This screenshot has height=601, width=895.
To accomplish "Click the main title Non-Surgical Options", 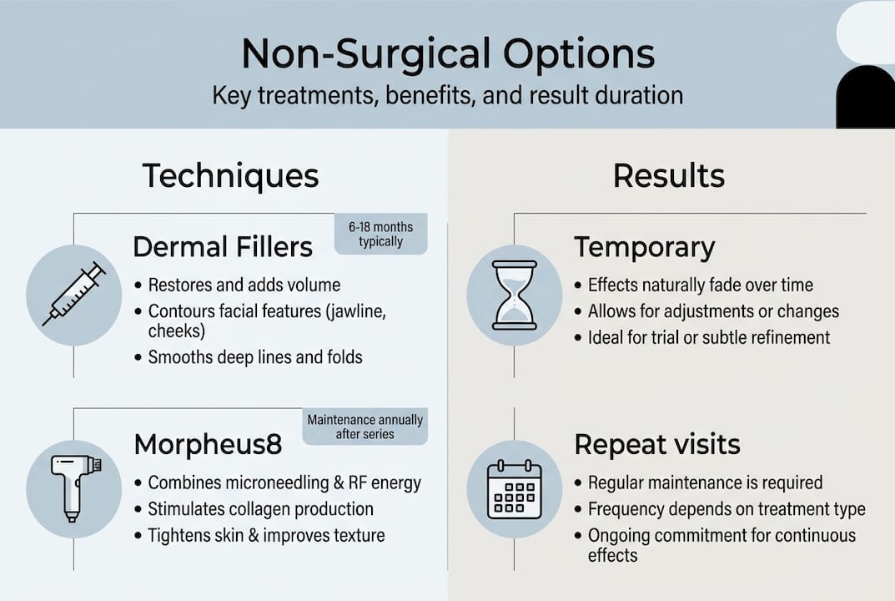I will [447, 54].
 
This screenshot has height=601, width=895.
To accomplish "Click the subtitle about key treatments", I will [447, 94].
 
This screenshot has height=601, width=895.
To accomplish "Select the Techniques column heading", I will [230, 176].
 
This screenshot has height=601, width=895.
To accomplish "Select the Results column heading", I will [668, 176].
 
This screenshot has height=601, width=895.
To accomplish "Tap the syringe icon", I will [74, 295].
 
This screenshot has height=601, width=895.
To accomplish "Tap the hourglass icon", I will [515, 295].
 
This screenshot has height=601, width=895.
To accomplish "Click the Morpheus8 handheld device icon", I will [74, 488].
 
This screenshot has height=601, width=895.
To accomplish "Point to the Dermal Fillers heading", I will [223, 247].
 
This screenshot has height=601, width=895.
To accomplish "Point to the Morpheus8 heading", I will [208, 445].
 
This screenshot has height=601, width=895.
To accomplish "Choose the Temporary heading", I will [644, 248].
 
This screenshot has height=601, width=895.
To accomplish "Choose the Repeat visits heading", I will [656, 445].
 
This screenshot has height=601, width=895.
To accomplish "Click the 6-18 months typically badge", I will [380, 234].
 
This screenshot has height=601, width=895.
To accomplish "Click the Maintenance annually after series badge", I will [365, 427].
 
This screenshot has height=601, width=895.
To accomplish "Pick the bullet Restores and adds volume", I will [244, 285].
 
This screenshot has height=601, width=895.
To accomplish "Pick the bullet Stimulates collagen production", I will [260, 508].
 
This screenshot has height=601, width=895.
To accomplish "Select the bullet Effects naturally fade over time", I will [700, 285].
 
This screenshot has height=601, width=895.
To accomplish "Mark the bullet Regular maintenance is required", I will [705, 482].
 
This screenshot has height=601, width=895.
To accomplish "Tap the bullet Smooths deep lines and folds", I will [254, 357].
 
